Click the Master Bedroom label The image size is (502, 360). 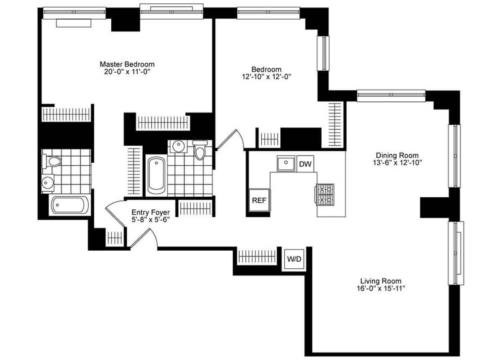click(x=127, y=64)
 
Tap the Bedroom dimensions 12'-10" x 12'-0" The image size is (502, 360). click(x=266, y=77)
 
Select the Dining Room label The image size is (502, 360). click(x=397, y=155)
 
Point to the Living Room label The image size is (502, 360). click(x=381, y=281)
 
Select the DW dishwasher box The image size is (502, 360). click(x=305, y=164)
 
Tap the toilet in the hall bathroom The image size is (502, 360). click(x=201, y=151)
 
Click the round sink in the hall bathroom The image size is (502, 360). click(x=178, y=147)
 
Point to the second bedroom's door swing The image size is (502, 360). click(x=231, y=139)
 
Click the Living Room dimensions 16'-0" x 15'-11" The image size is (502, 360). click(x=381, y=288)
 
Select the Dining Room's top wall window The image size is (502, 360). click(x=391, y=95)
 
